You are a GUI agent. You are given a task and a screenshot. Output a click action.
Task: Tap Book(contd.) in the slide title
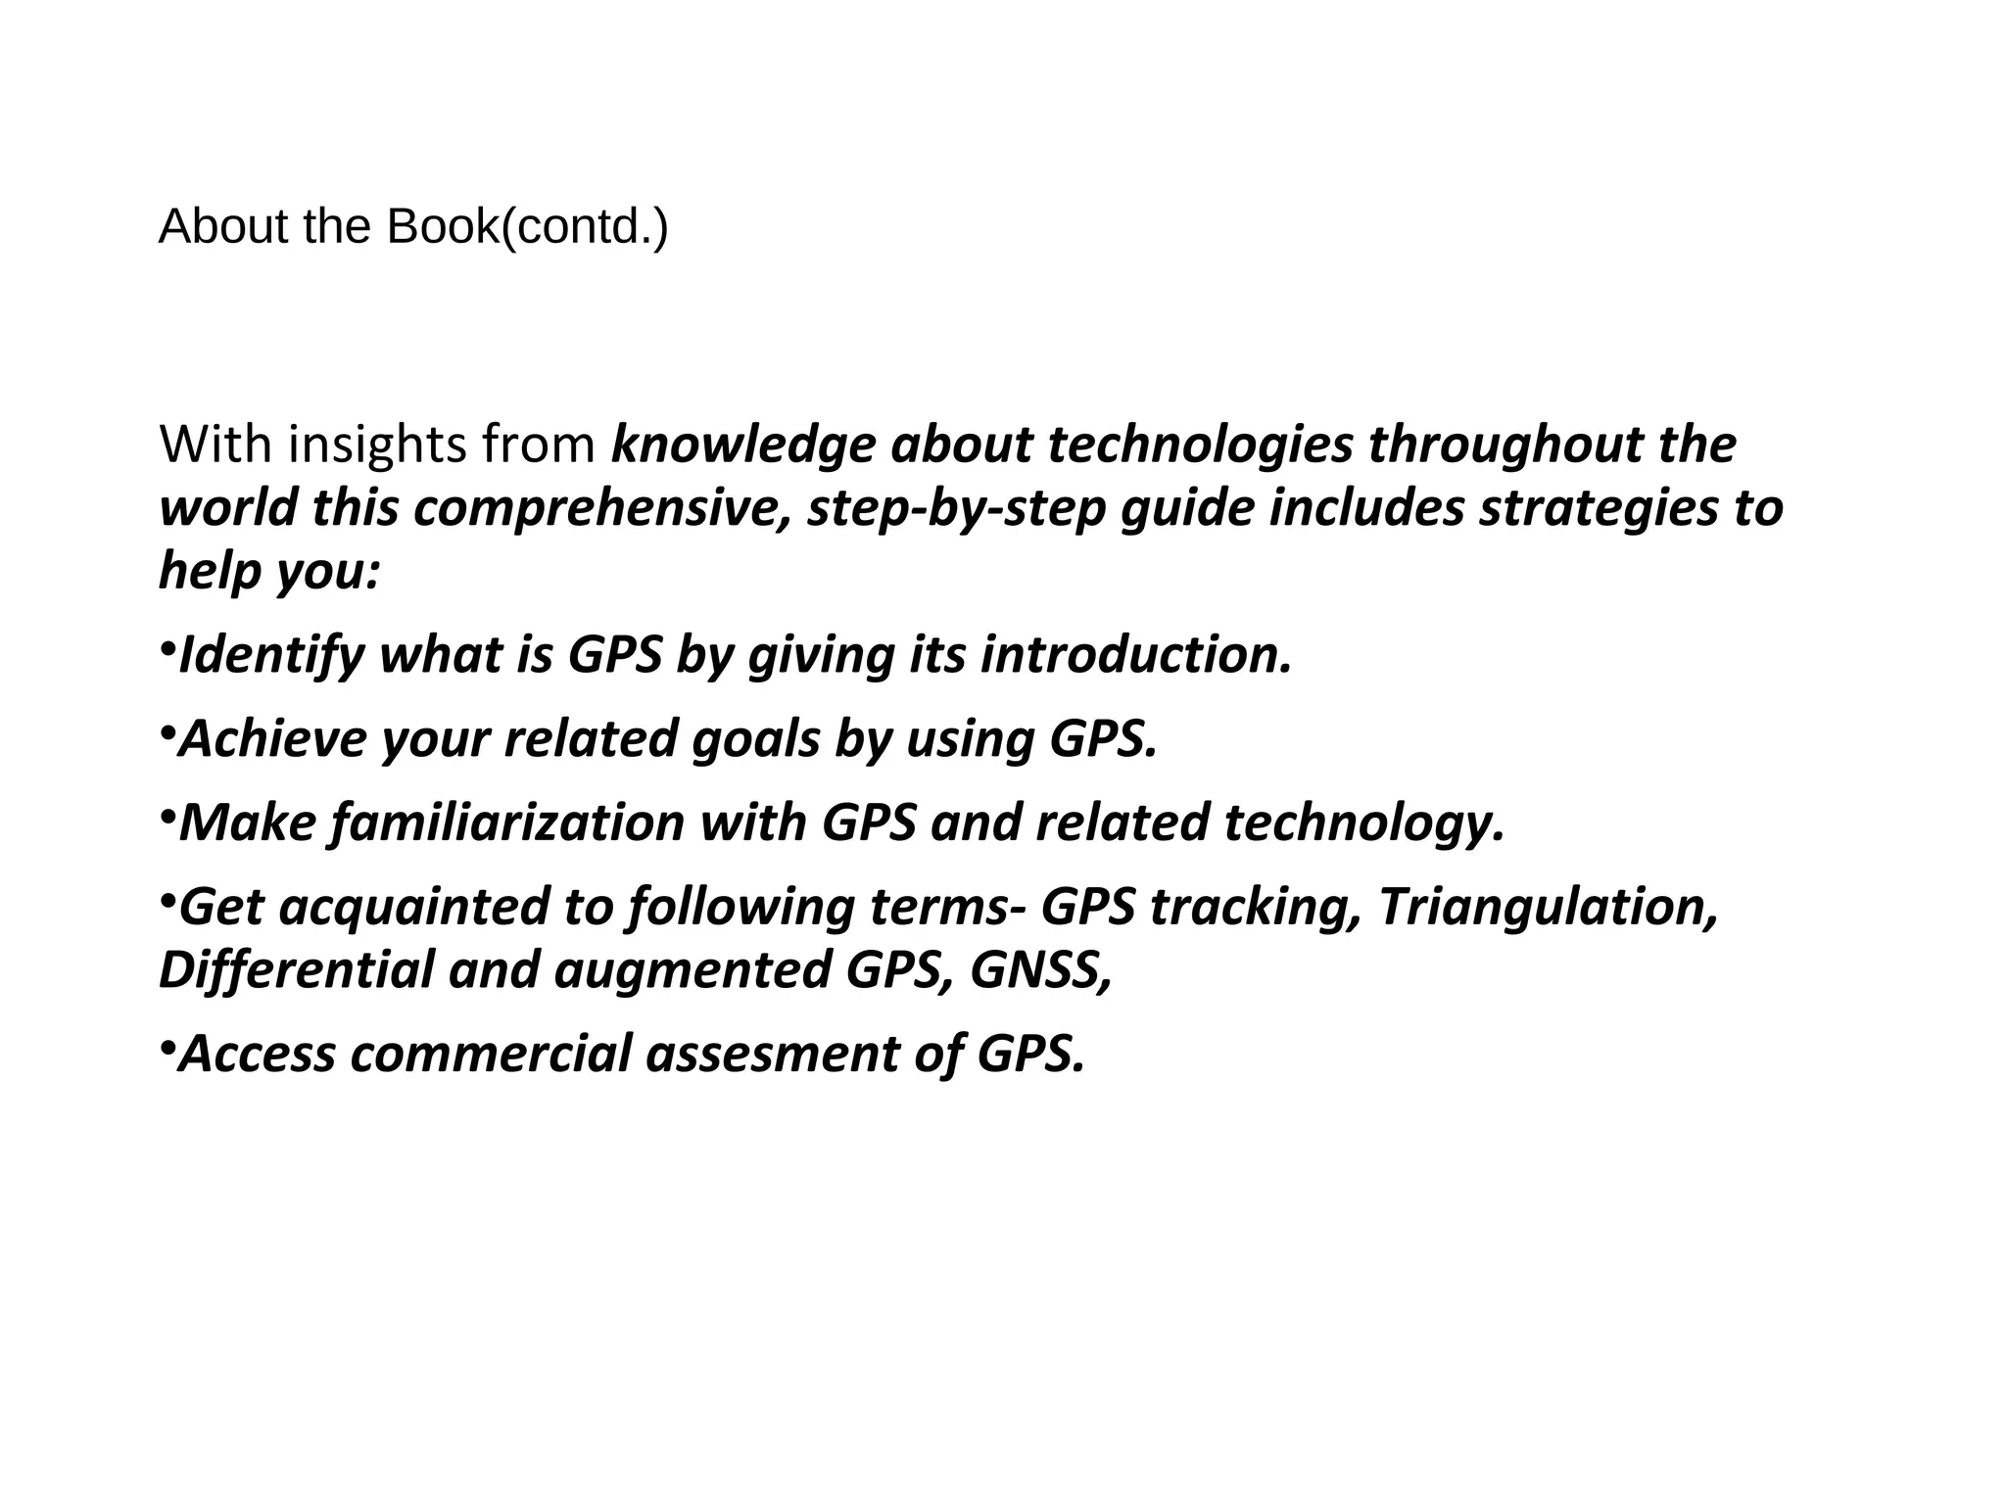527,227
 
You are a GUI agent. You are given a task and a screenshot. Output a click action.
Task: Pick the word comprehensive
601,508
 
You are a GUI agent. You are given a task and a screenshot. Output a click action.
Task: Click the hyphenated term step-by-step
956,508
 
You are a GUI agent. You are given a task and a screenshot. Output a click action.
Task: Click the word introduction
1135,655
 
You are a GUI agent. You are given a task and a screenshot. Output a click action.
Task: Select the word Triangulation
1548,907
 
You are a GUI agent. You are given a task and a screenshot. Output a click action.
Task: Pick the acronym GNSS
1040,969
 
